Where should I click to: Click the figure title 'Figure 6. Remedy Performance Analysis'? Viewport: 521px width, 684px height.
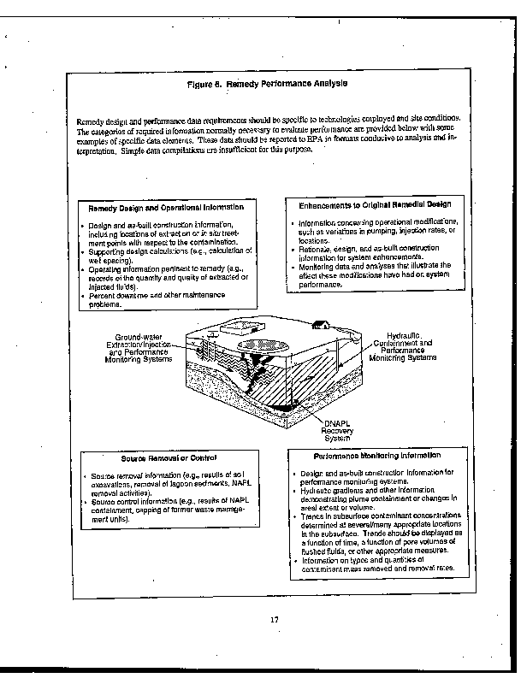tap(267, 84)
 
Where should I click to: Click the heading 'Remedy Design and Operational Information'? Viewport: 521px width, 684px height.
tap(166, 207)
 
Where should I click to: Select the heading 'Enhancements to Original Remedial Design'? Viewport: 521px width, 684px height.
tap(376, 204)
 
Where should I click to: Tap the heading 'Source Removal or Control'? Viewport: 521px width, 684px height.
tap(163, 458)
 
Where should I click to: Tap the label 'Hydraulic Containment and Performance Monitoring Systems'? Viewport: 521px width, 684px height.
tap(398, 346)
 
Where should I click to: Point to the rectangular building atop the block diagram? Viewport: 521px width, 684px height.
tap(240, 327)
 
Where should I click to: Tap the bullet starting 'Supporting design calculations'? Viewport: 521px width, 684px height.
tap(169, 256)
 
